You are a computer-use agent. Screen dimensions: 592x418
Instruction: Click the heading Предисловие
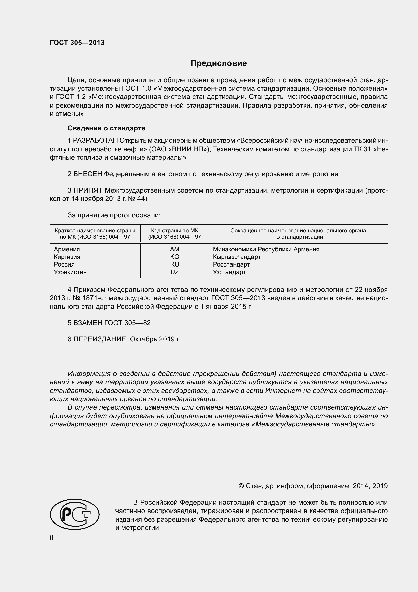pyautogui.click(x=219, y=63)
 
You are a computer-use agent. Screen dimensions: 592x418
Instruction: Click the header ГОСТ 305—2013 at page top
pyautogui.click(x=77, y=43)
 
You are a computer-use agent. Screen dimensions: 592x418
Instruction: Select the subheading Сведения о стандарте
pyautogui.click(x=106, y=128)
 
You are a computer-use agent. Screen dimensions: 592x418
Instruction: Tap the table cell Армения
pyautogui.click(x=67, y=249)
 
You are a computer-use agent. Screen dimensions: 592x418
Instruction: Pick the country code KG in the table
pyautogui.click(x=175, y=257)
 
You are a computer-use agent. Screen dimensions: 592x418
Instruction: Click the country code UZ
pyautogui.click(x=175, y=272)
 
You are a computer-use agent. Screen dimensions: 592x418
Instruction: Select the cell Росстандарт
pyautogui.click(x=231, y=264)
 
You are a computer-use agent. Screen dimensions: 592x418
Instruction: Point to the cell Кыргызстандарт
pyautogui.click(x=237, y=257)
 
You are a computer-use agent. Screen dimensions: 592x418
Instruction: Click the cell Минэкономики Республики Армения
pyautogui.click(x=266, y=249)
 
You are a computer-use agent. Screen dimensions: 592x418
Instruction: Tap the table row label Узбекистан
pyautogui.click(x=70, y=272)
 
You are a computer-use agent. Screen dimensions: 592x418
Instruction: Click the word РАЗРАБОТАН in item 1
pyautogui.click(x=95, y=140)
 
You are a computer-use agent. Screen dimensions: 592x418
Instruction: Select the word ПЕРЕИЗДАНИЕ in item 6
pyautogui.click(x=100, y=339)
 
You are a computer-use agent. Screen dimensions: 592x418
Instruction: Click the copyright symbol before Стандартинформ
pyautogui.click(x=241, y=486)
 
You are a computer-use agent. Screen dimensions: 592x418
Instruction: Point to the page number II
pyautogui.click(x=52, y=538)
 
